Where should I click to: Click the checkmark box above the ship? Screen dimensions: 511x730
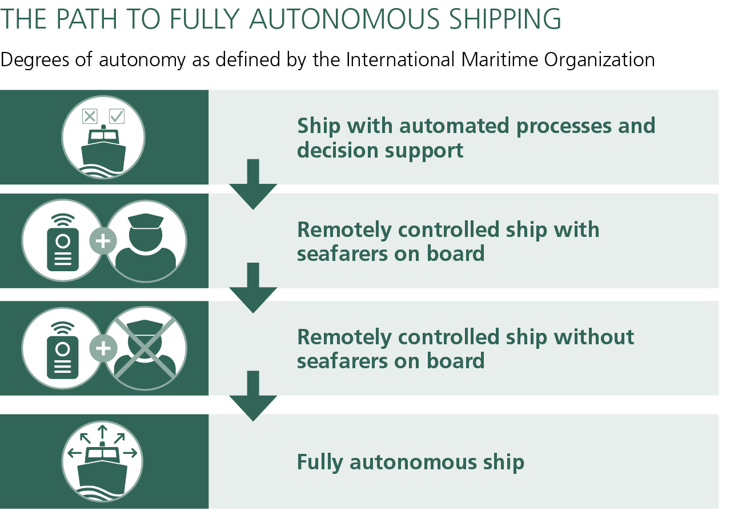tap(117, 116)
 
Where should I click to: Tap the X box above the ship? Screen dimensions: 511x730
tap(90, 116)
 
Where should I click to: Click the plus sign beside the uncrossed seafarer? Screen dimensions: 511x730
tap(103, 242)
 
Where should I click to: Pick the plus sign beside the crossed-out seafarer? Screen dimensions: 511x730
tap(103, 348)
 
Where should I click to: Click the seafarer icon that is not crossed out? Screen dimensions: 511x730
tap(146, 242)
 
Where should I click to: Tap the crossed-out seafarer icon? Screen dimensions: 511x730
tap(146, 348)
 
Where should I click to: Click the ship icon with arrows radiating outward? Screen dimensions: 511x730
tap(103, 461)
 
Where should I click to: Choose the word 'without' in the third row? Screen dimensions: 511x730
tap(595, 337)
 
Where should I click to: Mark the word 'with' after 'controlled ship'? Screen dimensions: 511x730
tap(579, 230)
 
